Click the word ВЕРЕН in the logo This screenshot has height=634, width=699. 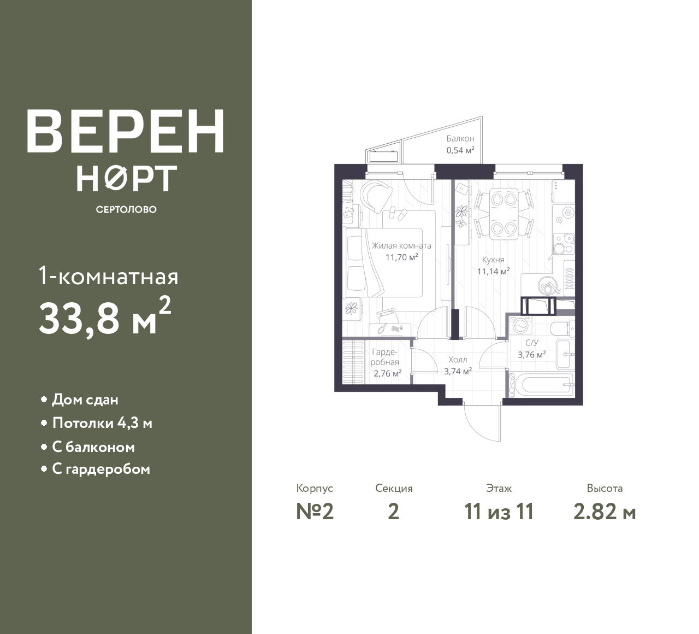126,131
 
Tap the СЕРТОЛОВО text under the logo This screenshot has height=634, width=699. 126,209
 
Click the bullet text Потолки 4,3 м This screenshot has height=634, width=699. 102,424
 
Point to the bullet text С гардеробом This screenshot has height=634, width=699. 101,469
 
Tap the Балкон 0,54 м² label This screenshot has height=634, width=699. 460,144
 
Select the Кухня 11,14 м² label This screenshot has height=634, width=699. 494,266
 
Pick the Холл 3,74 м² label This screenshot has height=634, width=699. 458,365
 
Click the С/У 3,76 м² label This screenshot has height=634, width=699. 532,349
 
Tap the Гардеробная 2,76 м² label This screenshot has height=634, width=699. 386,363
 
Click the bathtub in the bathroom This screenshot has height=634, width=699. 541,385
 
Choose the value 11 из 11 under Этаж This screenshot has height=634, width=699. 499,512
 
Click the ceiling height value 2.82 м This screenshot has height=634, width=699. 605,512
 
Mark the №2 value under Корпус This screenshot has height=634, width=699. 315,512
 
